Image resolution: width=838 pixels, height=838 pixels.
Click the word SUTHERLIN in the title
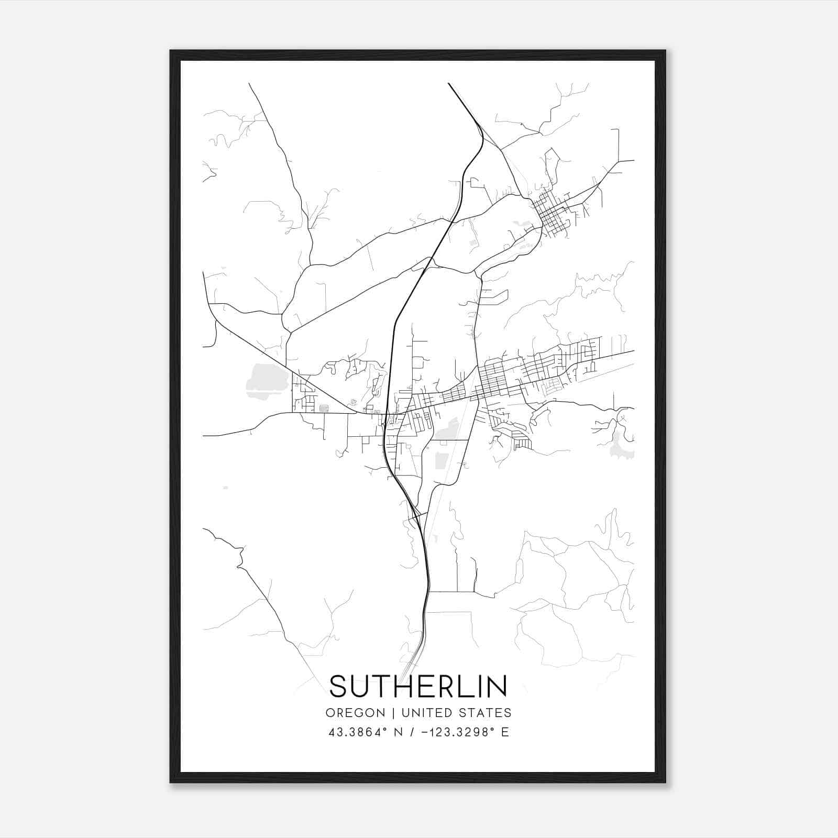click(x=418, y=686)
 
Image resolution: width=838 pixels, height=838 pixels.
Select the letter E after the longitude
click(x=505, y=732)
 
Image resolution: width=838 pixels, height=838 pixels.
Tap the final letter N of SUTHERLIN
click(x=498, y=686)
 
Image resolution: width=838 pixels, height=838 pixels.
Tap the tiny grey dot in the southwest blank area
click(x=225, y=488)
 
